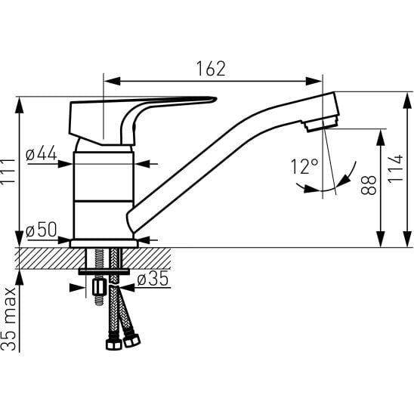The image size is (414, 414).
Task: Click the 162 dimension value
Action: tap(211, 69)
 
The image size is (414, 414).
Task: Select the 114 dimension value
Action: tap(396, 168)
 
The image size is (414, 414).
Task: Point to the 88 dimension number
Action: tap(369, 185)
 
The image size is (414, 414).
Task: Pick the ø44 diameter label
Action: tap(42, 153)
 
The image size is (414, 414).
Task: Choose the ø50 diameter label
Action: tap(42, 229)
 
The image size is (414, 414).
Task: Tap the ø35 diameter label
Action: tap(153, 279)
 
